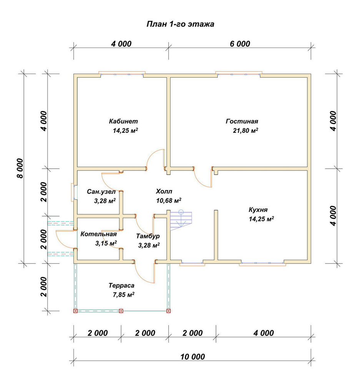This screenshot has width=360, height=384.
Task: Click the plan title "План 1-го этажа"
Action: click(180, 24)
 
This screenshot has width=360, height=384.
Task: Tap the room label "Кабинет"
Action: click(123, 121)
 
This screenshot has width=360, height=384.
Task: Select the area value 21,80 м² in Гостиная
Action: click(245, 130)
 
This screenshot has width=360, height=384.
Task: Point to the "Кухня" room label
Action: click(258, 210)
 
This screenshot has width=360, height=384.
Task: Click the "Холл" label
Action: click(164, 191)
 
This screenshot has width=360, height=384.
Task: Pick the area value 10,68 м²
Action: click(169, 200)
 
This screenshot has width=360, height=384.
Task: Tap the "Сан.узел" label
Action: click(101, 192)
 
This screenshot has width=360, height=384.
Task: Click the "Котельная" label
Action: click(98, 234)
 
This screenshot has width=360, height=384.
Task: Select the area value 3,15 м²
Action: click(106, 243)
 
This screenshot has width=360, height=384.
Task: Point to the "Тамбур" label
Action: click(148, 236)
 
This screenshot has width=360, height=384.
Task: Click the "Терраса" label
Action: click(121, 286)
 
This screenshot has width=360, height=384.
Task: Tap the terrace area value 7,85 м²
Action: click(123, 295)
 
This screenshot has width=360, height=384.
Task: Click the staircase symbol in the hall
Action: click(181, 220)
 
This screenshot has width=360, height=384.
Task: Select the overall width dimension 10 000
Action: click(192, 357)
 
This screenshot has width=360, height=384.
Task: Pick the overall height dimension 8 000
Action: click(20, 168)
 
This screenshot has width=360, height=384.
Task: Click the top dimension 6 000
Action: click(240, 44)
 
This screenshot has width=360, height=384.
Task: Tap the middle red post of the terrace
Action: click(121, 311)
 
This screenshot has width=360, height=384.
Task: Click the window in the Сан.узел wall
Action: click(74, 192)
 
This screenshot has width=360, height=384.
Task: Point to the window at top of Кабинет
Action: click(122, 74)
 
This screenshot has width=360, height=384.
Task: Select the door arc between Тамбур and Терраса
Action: click(143, 276)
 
